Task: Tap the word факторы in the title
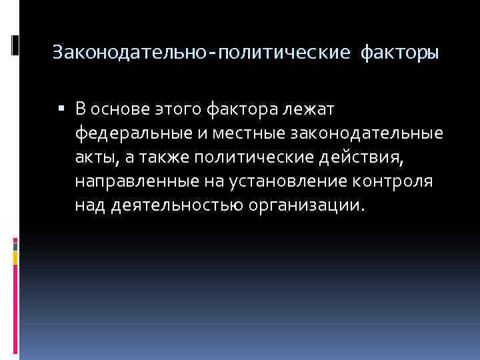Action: click(399, 52)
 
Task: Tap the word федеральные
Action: click(133, 133)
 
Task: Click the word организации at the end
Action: click(306, 206)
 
